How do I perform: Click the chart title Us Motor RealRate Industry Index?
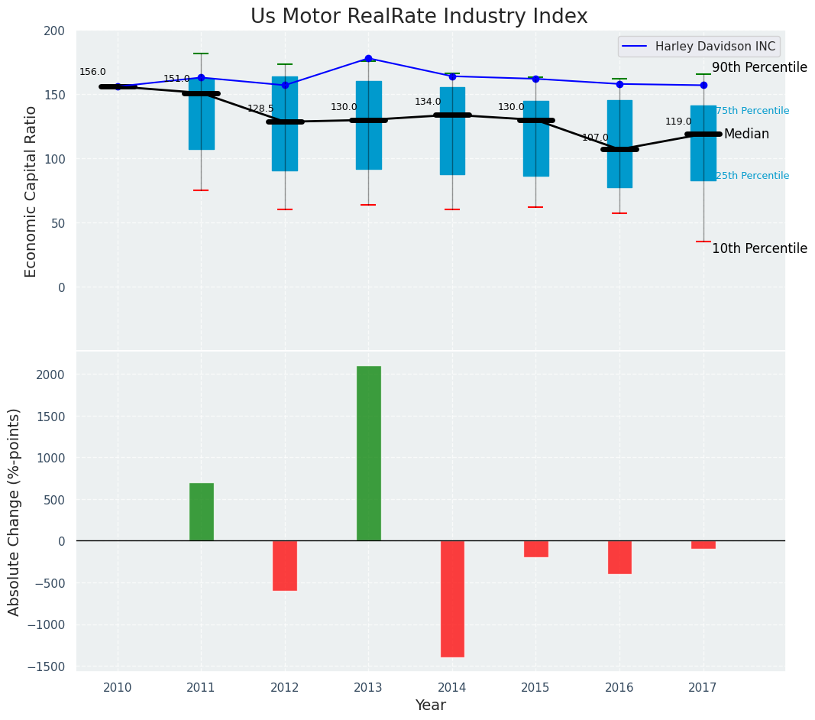419,17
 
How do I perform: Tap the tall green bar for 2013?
368,453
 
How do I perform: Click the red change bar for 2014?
452,598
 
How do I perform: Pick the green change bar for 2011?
201,512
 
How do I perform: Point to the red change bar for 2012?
285,566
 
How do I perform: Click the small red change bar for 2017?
703,544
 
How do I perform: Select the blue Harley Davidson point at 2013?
368,58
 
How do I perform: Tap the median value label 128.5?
260,109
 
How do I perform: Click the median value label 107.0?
595,138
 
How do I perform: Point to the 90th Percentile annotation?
759,67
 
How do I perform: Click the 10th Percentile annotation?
759,248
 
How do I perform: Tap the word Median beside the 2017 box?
746,134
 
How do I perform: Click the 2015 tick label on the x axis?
535,687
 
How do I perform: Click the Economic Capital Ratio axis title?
31,191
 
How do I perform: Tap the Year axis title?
431,705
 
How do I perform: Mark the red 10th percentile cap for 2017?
703,242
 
